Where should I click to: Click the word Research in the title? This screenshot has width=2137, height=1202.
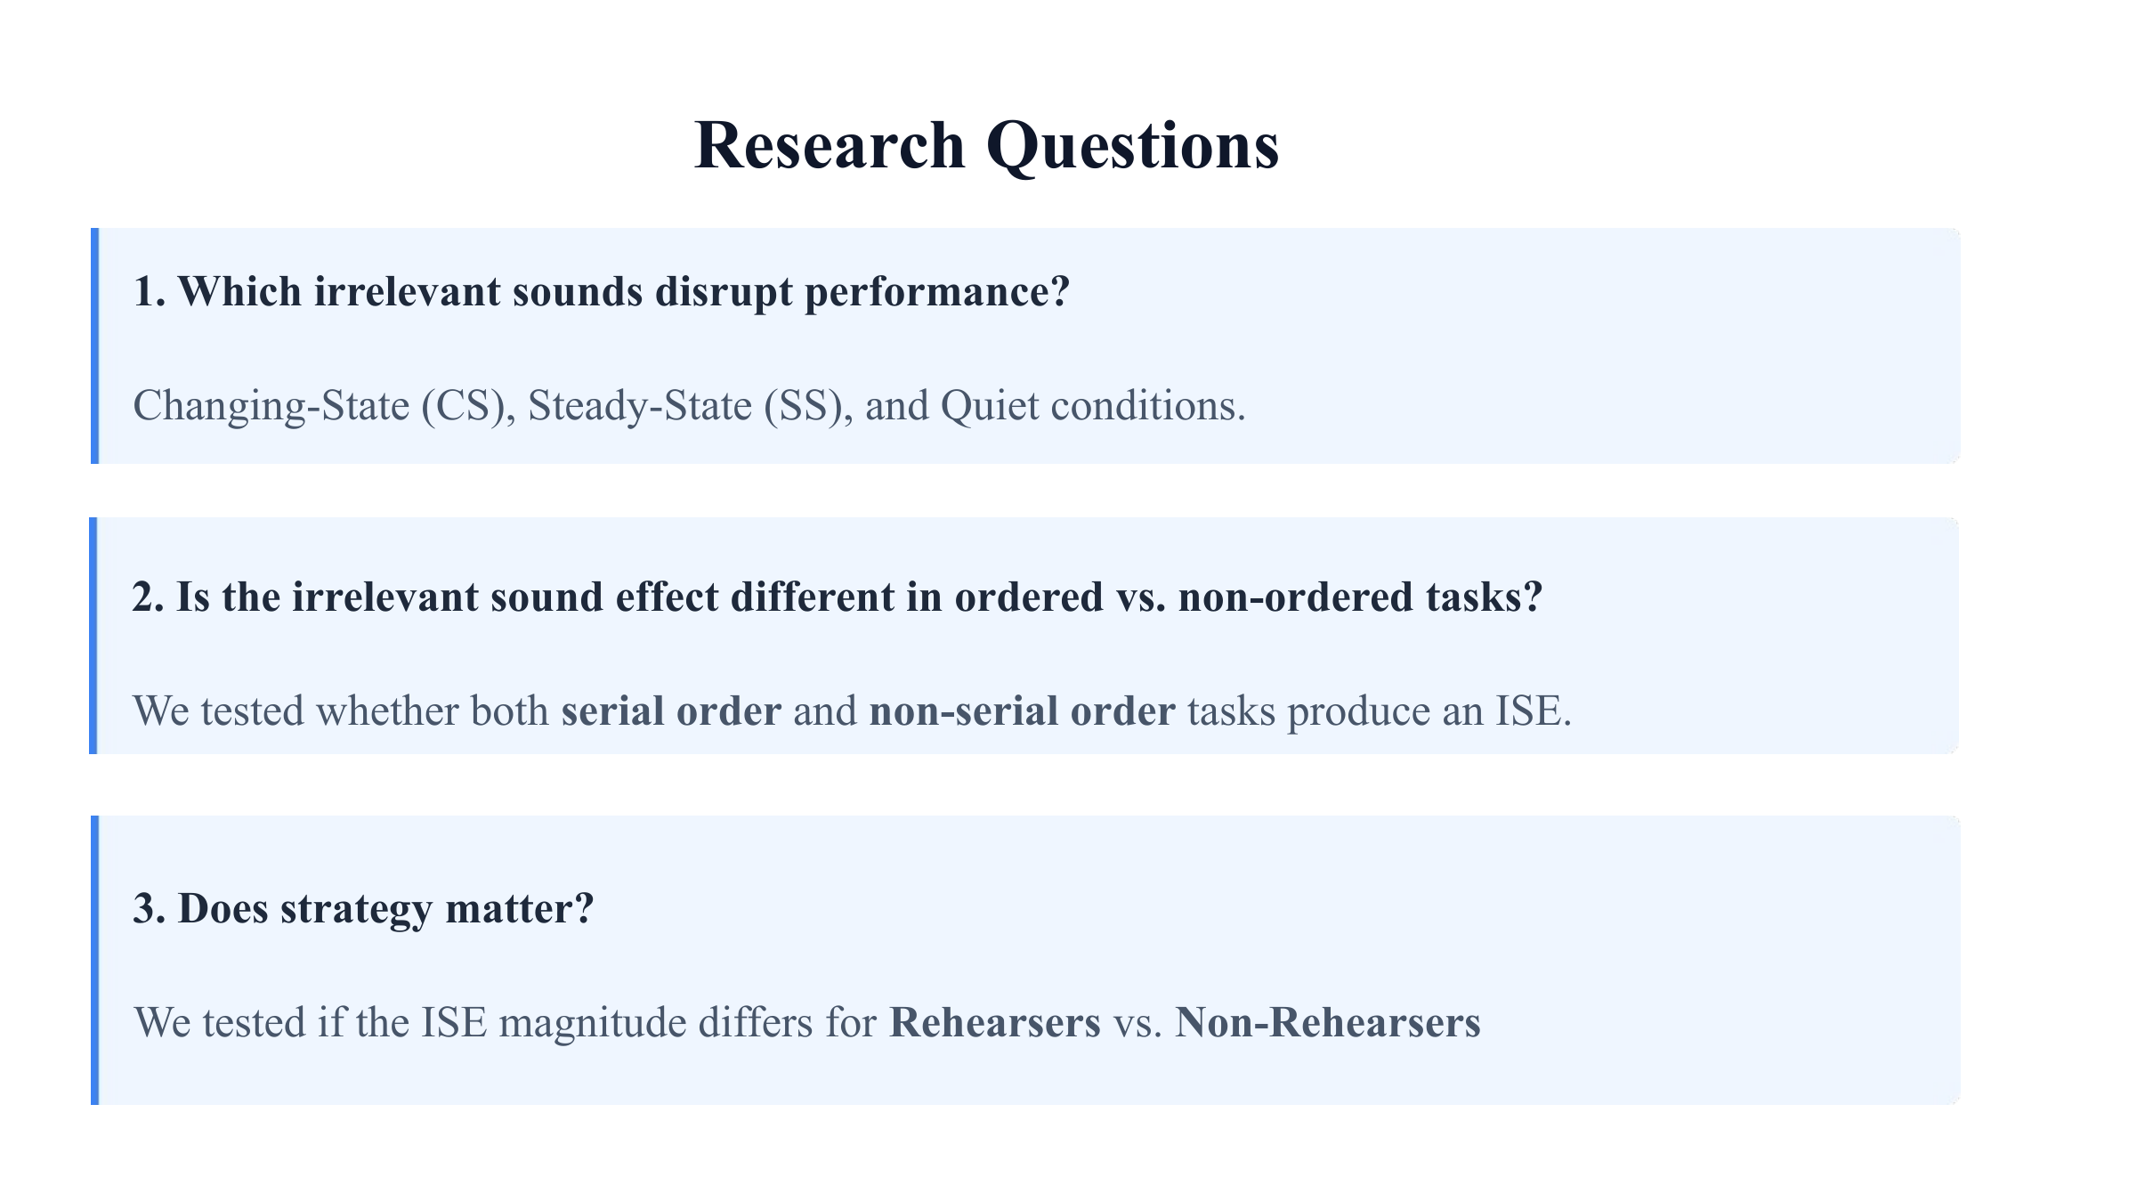coord(830,145)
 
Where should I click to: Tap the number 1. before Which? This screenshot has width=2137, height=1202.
coord(150,292)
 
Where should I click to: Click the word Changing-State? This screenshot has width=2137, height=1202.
coord(271,407)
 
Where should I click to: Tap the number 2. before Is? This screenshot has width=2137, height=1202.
coord(149,597)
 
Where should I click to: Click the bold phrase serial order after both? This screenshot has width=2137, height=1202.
coord(671,711)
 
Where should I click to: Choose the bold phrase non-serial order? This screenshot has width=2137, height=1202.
coord(1022,711)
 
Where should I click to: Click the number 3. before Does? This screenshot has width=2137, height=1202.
coord(150,909)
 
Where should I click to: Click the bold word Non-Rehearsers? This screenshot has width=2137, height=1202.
coord(1328,1023)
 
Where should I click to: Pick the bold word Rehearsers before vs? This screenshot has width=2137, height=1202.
coord(995,1023)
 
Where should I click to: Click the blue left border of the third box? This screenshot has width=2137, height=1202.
coord(94,961)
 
